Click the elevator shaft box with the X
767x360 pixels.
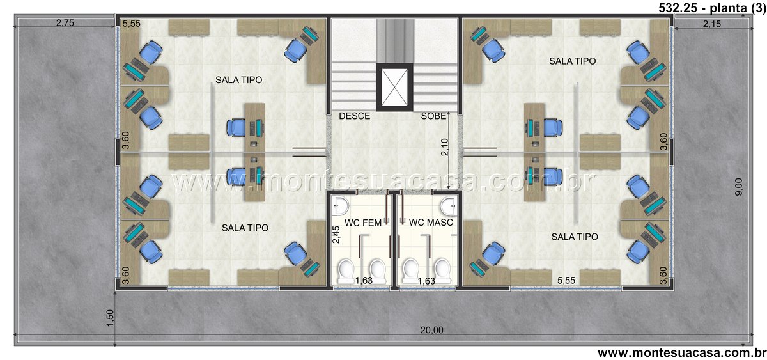coord(394,87)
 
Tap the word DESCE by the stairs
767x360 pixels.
coord(354,116)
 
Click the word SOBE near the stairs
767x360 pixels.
coord(433,116)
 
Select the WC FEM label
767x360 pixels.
coord(363,223)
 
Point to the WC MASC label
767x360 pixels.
coord(431,223)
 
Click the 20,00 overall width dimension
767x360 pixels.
coord(432,330)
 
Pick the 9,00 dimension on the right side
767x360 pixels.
coord(739,187)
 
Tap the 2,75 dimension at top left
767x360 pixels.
coord(65,23)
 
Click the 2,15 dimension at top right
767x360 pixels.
coord(712,24)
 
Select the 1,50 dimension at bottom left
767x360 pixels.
coord(110,318)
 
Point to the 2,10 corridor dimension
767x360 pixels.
coord(444,147)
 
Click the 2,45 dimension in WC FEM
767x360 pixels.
coord(336,235)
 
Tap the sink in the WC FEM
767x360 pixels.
coord(341,206)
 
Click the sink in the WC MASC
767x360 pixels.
coord(449,206)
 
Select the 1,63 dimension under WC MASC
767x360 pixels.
coord(426,281)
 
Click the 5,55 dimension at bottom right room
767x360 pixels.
coord(566,281)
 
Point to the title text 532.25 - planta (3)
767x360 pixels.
coord(712,8)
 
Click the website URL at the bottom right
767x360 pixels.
coord(682,353)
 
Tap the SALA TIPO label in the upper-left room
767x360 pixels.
coord(238,80)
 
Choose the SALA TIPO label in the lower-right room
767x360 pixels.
coord(575,237)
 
